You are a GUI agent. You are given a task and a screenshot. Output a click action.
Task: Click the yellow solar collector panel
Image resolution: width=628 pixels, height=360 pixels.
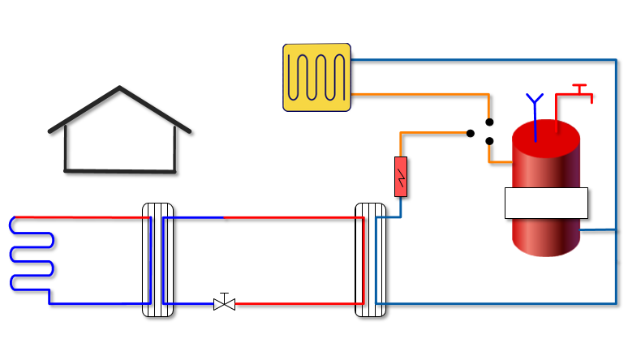[x=316, y=77]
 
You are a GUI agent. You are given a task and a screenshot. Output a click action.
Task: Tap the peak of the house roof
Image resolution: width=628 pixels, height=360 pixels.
[x=120, y=88]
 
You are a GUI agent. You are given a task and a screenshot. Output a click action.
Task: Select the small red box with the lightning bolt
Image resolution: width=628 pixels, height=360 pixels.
[x=401, y=176]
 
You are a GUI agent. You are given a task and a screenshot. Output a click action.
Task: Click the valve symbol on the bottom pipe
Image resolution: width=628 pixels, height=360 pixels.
[x=224, y=303]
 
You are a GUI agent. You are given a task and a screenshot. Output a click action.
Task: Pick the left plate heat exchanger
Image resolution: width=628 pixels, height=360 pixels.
[x=157, y=259]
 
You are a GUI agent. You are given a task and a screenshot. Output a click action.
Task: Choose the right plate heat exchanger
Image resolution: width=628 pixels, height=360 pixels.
[x=371, y=259]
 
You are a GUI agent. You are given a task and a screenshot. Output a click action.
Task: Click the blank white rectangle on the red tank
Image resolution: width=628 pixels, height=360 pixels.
[x=546, y=203]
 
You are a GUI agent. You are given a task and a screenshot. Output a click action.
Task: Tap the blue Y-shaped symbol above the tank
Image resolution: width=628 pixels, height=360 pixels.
[x=534, y=102]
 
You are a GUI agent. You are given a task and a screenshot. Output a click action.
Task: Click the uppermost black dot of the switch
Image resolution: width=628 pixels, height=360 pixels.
[x=489, y=122]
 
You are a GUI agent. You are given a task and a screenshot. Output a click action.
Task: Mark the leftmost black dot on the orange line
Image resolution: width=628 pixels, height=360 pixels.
[x=471, y=133]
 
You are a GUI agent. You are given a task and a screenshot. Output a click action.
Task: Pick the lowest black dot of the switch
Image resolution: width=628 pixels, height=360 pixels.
[x=489, y=141]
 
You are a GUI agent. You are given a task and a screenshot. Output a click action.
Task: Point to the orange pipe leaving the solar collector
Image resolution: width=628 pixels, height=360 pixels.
[x=422, y=94]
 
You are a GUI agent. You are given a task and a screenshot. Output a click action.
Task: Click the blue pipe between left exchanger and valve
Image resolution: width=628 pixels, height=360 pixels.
[x=191, y=303]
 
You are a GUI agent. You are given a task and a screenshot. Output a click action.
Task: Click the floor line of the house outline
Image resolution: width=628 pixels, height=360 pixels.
[x=120, y=171]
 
